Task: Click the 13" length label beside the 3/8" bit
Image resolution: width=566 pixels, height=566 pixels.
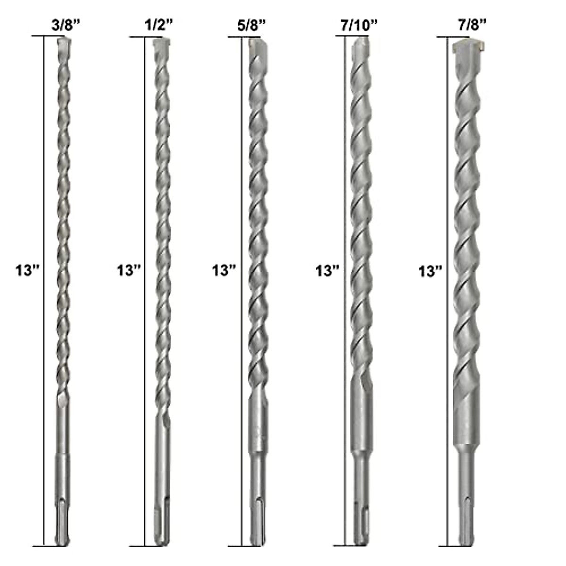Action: pos(27,270)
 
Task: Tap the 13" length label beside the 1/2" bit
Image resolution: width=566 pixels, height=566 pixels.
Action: pos(129,270)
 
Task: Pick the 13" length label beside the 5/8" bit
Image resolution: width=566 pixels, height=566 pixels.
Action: pos(224,270)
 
